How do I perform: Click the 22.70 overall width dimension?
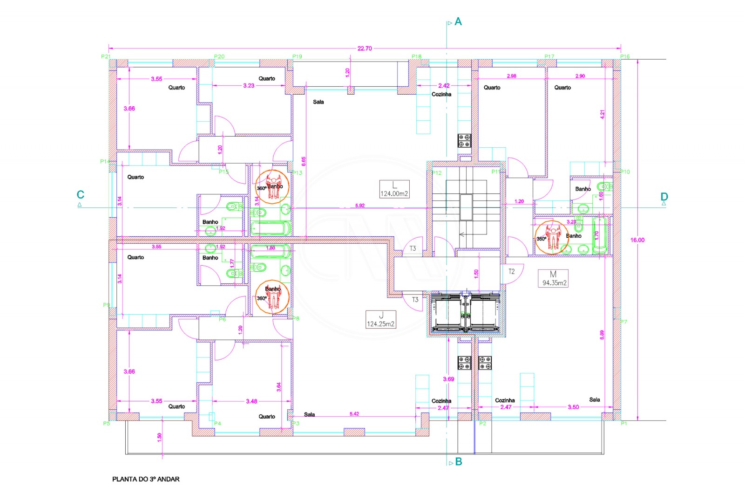point(365,48)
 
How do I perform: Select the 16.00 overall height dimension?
point(637,240)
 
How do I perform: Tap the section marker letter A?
point(458,22)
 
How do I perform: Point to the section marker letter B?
point(459,462)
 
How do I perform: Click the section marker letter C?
point(81,195)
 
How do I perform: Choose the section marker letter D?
point(664,197)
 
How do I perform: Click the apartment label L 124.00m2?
point(394,189)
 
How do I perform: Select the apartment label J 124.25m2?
point(380,320)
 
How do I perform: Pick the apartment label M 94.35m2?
point(553,278)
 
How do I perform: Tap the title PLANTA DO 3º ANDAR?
point(146,479)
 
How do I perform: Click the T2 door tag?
point(511,272)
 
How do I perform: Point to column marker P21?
point(106,56)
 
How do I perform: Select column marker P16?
point(625,56)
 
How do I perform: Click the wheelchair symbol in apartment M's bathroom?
point(553,238)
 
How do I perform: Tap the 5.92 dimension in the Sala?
point(360,206)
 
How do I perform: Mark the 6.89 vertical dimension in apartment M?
point(602,335)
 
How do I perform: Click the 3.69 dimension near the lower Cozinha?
point(448,379)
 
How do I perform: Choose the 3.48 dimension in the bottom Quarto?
point(251,401)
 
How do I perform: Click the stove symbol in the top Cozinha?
point(464,141)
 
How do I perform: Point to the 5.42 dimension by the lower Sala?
point(354,414)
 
